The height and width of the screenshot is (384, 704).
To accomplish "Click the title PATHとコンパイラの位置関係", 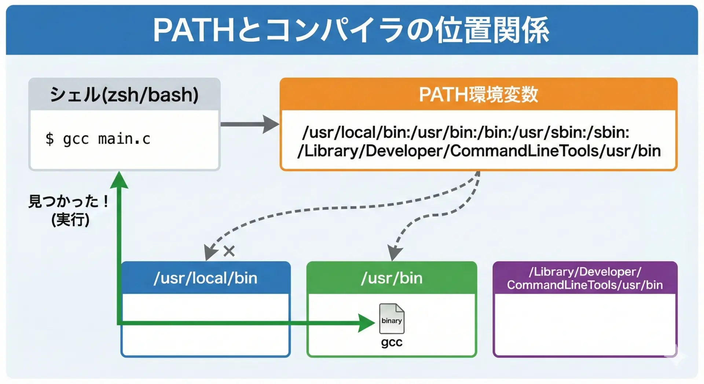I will (x=351, y=30).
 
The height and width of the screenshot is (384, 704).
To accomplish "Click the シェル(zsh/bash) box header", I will (x=124, y=95).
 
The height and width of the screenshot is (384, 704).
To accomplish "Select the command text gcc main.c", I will (x=106, y=139).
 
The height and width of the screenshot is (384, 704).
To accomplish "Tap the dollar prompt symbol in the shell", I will (x=49, y=139).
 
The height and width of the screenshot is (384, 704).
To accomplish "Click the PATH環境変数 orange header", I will (x=478, y=95).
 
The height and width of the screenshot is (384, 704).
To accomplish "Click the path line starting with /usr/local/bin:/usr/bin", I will (x=466, y=132).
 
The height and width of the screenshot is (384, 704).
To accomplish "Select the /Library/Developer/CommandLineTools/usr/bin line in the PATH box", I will (x=479, y=151).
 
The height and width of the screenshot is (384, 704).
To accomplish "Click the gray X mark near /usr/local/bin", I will (x=229, y=251).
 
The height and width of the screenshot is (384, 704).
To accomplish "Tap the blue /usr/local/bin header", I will (x=205, y=278).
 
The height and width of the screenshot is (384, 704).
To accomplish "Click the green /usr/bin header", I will (x=392, y=278).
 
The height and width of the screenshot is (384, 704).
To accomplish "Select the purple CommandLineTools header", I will (x=585, y=278).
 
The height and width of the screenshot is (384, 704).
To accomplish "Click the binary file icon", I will (x=392, y=318).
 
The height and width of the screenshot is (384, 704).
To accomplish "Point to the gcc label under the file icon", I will (x=392, y=342).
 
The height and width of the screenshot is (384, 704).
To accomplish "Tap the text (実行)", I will (x=70, y=220).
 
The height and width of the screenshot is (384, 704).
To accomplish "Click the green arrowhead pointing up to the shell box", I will (x=119, y=180).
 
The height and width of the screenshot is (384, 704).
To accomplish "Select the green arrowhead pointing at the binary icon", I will (x=366, y=323).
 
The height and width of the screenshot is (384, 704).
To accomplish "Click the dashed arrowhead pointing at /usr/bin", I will (x=395, y=253).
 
